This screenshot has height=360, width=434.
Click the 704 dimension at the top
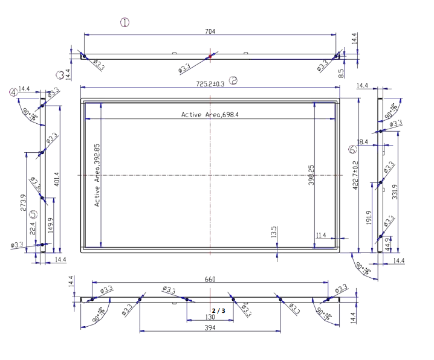[x=210, y=31]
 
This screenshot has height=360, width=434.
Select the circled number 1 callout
[x=125, y=22]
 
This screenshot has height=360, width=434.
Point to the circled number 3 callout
[x=60, y=75]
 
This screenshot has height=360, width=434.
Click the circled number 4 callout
[x=13, y=92]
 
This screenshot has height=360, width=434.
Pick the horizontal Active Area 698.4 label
[x=210, y=114]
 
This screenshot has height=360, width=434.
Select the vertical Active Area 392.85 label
[x=97, y=175]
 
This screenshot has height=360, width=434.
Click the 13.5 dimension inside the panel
[x=273, y=231]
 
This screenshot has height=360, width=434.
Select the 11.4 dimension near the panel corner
[x=321, y=235]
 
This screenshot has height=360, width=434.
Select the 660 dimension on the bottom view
[x=210, y=279]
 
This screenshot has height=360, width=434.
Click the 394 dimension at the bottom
[x=210, y=327]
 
